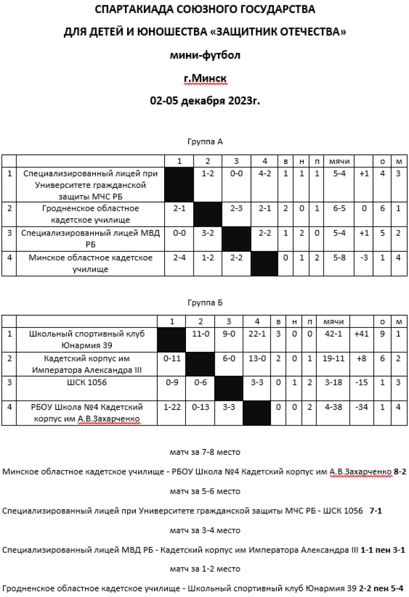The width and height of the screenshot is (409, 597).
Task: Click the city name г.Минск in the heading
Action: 205,80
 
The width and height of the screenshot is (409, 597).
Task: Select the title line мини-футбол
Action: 205,56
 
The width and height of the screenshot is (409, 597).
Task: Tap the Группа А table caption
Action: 205,142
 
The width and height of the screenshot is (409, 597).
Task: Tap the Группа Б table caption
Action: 205,302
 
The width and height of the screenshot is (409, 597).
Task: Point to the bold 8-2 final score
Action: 400,472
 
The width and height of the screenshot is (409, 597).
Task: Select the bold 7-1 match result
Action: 376,511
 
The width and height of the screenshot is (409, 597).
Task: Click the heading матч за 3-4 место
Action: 205,531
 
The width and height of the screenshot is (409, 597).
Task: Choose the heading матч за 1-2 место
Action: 205,569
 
